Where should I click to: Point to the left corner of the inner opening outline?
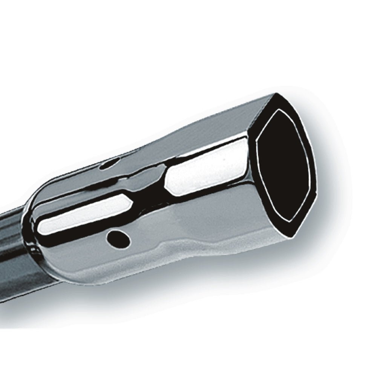tap(257, 141)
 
